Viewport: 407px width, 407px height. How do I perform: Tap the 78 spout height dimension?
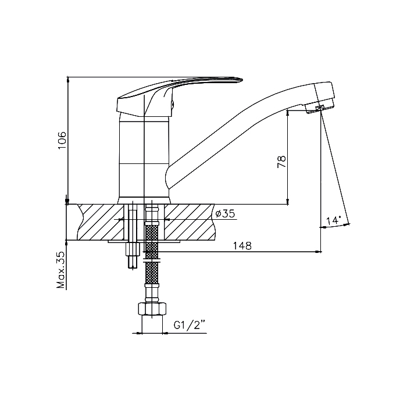281,162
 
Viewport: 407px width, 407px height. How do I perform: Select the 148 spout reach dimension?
242,245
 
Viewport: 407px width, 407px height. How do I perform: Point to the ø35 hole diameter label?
225,213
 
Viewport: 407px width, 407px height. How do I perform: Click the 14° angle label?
333,220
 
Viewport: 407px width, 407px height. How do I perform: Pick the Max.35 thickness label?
60,270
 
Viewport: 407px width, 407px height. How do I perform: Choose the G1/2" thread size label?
190,325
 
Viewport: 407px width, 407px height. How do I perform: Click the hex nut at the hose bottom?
152,309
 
